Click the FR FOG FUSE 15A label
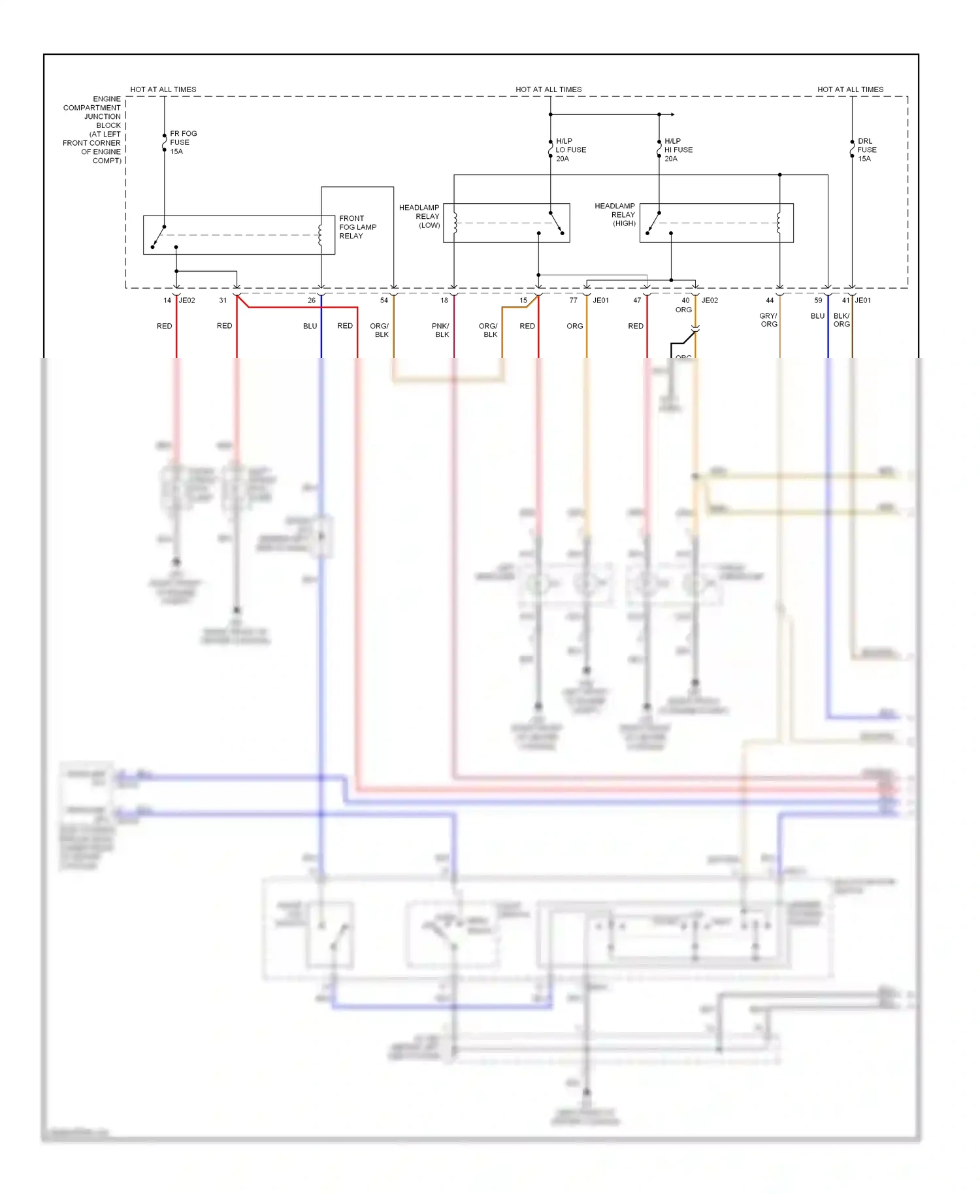pos(183,142)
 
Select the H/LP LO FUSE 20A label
pos(570,150)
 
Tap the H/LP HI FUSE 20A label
pos(678,150)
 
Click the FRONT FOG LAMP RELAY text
pos(357,227)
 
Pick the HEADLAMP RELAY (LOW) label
pos(420,216)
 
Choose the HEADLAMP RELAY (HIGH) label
pos(615,214)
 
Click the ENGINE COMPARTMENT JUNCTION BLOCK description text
pos(93,129)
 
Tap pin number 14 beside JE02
pos(167,300)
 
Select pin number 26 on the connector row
pos(312,300)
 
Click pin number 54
pos(384,300)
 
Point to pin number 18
pos(444,300)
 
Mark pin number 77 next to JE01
pos(573,300)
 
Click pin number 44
pos(770,300)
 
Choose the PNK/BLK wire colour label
pos(441,330)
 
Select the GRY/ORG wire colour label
pos(769,320)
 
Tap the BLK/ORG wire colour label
pos(841,320)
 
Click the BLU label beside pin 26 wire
pos(310,326)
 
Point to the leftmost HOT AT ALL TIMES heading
pos(163,89)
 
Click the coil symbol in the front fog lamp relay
pos(320,235)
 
